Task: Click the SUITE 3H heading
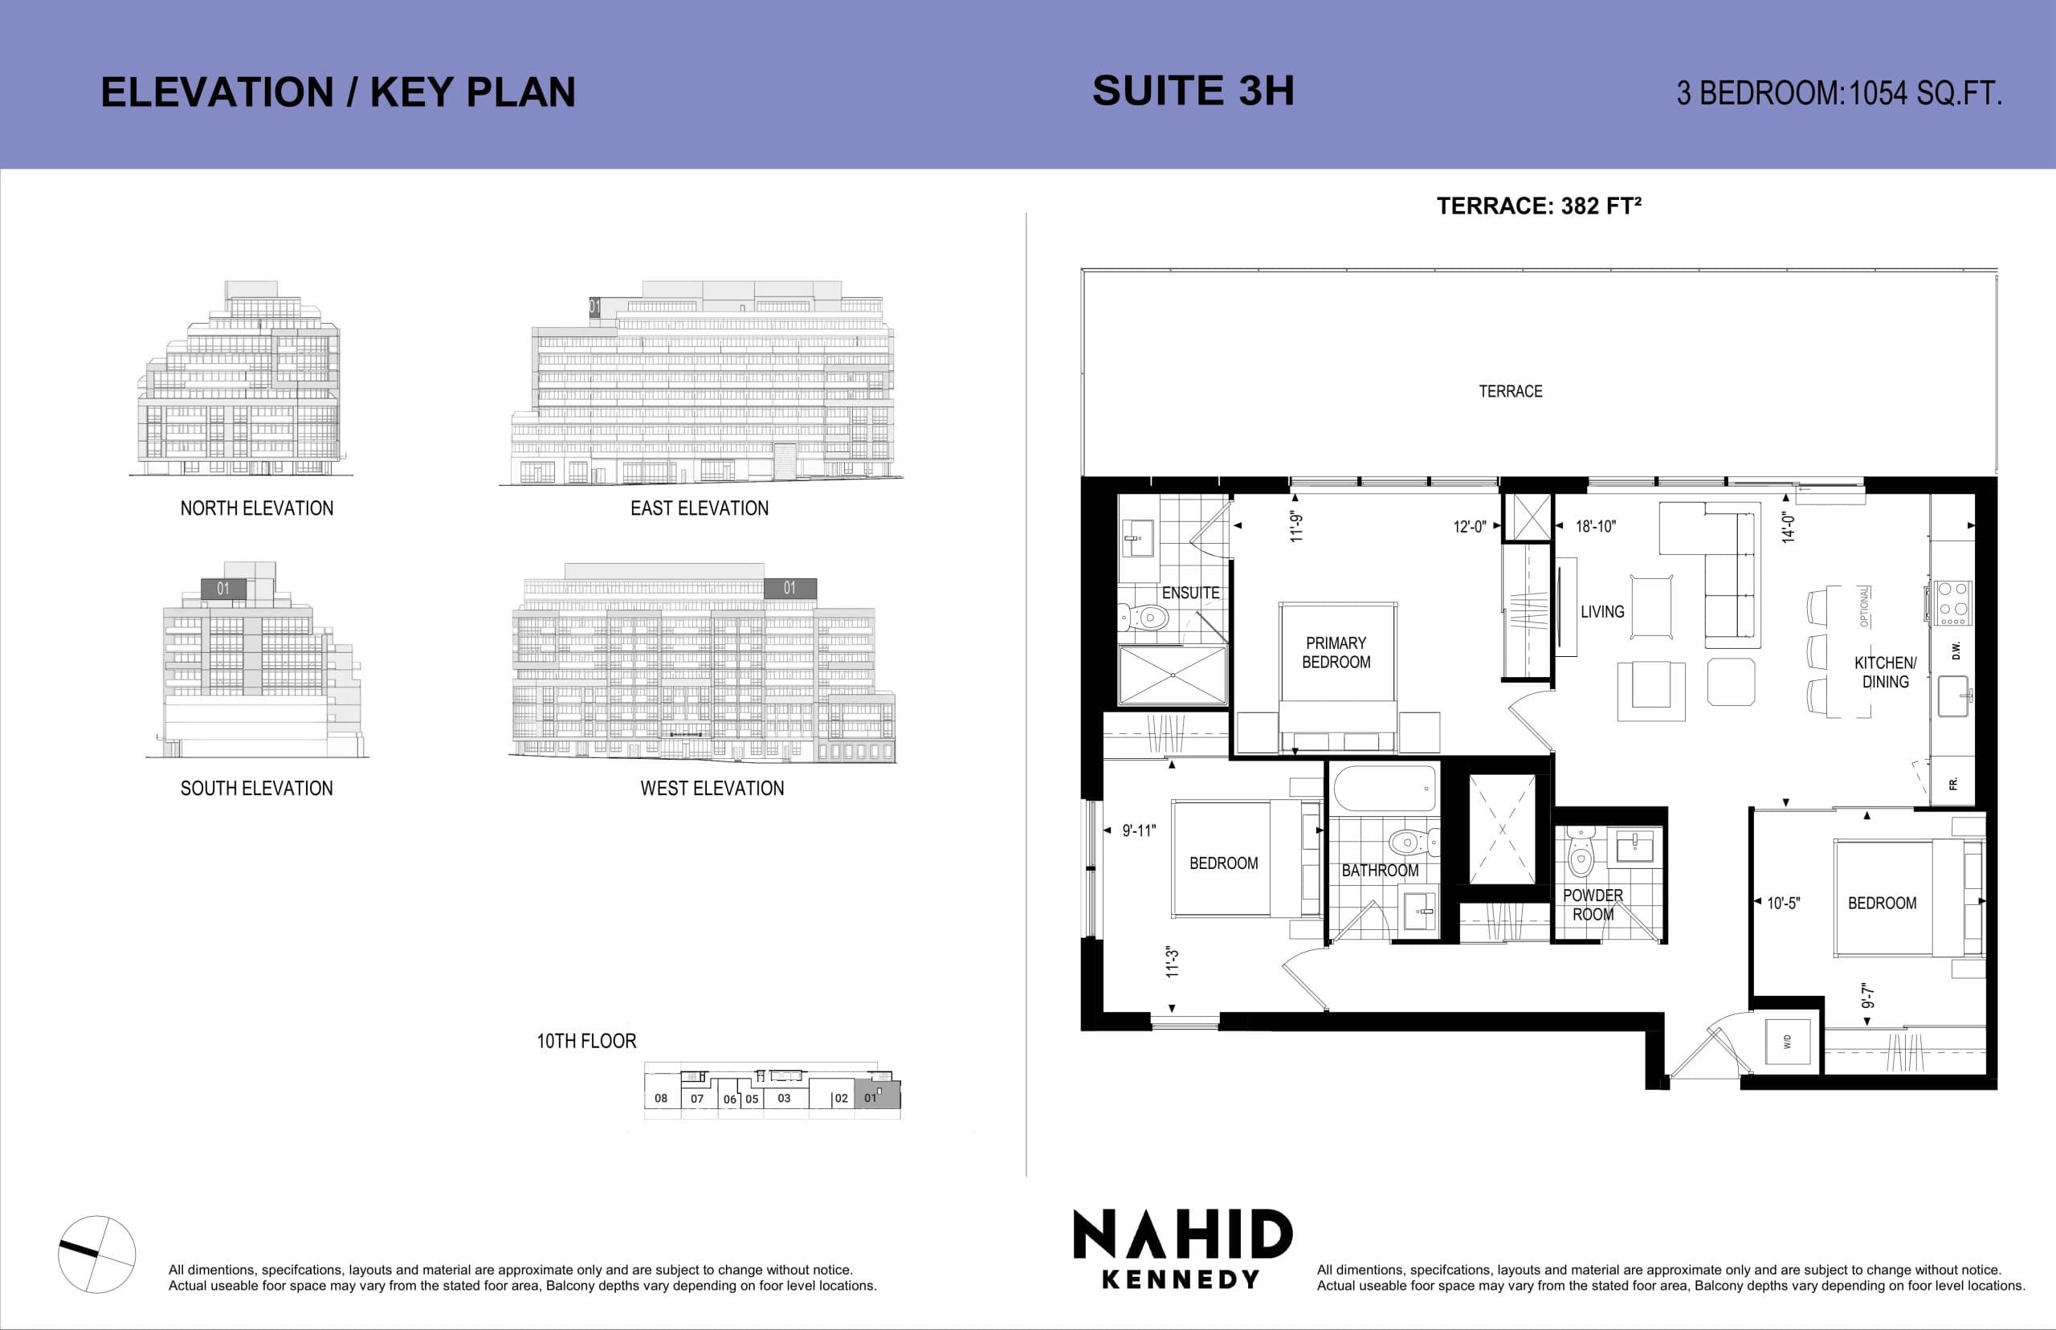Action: (x=1193, y=92)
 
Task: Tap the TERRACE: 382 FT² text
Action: (x=1538, y=206)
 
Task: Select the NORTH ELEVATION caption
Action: (x=256, y=508)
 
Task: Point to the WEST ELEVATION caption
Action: (x=712, y=789)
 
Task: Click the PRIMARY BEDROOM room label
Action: (x=1336, y=653)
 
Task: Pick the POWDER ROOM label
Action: (x=1593, y=905)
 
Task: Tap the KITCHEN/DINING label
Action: (x=1885, y=672)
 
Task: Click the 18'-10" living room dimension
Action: (x=1595, y=526)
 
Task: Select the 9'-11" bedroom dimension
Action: (x=1138, y=830)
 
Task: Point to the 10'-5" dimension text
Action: (x=1783, y=904)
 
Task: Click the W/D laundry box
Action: (x=1788, y=1042)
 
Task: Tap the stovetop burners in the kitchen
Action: (x=1953, y=603)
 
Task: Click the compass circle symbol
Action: (x=96, y=1254)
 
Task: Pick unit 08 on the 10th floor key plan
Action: (x=661, y=1099)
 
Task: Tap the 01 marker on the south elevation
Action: (x=223, y=589)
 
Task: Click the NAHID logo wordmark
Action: (x=1182, y=1234)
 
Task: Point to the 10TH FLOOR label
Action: (x=586, y=1042)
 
